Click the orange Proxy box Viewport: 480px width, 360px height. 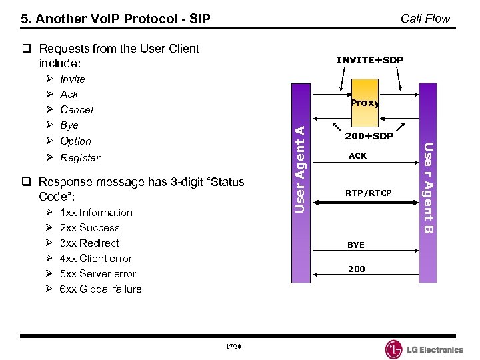(365, 102)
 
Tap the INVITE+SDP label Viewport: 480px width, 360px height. (369, 60)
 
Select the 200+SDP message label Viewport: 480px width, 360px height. (369, 136)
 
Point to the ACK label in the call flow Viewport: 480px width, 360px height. (357, 156)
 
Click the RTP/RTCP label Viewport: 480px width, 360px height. (368, 193)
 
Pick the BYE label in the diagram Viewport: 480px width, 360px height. (356, 245)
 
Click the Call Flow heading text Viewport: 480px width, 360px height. (425, 19)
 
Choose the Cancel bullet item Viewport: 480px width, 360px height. (77, 110)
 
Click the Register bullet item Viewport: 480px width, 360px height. (80, 158)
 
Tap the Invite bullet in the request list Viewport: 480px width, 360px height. (73, 79)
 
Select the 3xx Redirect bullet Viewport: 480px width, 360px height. (89, 243)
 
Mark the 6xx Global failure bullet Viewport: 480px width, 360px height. (101, 289)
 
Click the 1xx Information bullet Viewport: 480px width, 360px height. (96, 213)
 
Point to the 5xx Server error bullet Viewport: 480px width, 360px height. (98, 274)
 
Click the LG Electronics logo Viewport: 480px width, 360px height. (424, 349)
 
